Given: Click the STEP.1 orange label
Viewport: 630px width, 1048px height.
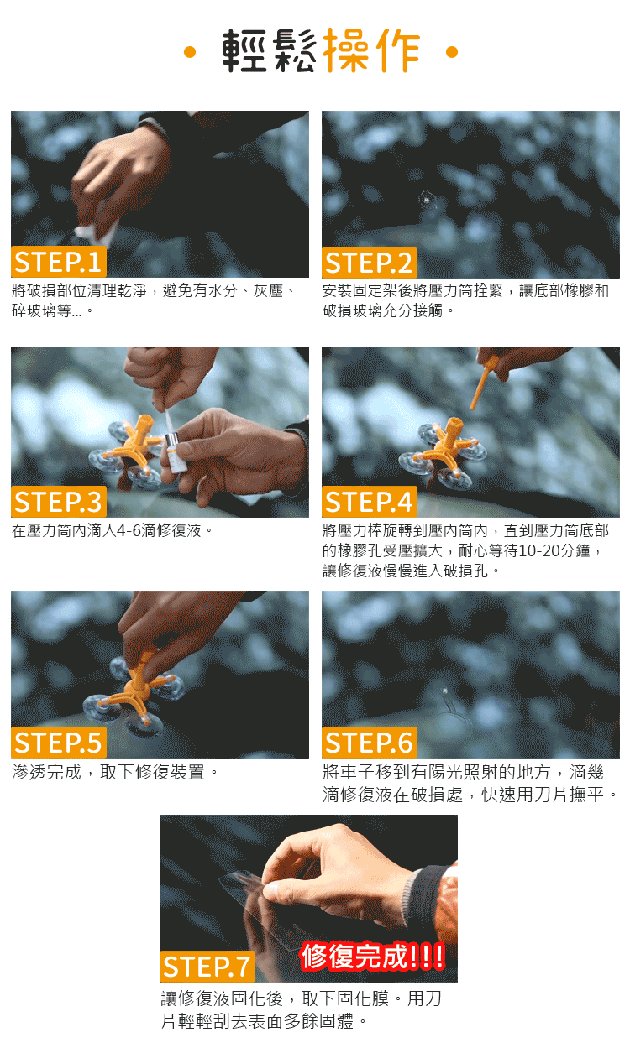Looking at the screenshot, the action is pos(59,261).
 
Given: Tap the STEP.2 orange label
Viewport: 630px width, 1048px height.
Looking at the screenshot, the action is pos(369,262).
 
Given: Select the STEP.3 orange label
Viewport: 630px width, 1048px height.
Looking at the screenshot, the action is pos(59,502).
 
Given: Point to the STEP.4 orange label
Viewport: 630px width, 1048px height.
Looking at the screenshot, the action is pos(369,502).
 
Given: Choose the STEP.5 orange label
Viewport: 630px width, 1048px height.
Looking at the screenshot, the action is pos(59,742).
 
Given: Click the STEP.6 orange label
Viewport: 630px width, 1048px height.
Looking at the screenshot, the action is pos(369,742).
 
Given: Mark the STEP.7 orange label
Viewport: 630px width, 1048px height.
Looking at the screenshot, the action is pos(207,966).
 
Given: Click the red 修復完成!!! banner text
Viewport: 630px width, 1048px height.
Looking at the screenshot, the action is pos(372,956).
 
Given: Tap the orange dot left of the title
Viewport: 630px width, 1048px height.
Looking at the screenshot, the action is pos(190,52).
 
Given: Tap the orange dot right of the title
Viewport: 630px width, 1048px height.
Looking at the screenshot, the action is pos(452,52).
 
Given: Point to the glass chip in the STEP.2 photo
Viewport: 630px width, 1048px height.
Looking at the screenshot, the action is pos(426,200).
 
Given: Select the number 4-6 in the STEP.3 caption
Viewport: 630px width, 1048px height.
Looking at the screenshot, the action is pos(129,530).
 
